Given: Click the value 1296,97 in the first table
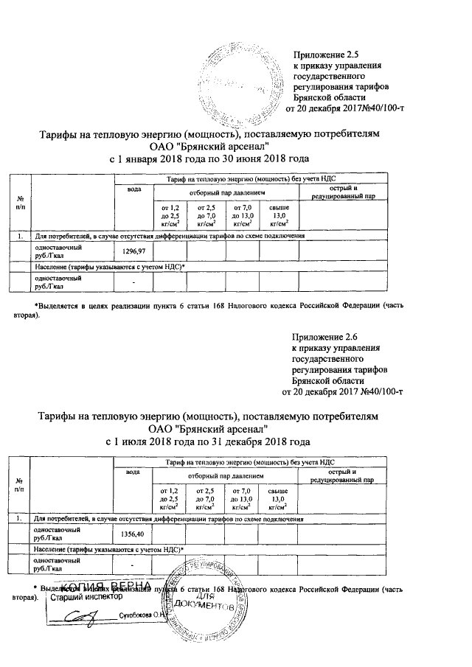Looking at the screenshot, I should pyautogui.click(x=133, y=252).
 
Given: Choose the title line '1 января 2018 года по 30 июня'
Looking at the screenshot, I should pyautogui.click(x=209, y=158).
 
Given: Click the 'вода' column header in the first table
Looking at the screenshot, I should pyautogui.click(x=133, y=189).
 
